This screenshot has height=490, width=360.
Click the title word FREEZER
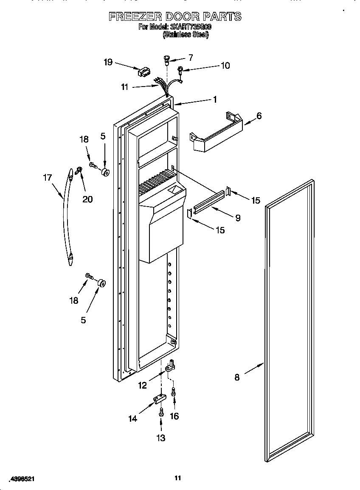point(135,17)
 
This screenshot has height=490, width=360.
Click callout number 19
point(108,62)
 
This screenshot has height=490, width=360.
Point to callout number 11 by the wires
point(124,87)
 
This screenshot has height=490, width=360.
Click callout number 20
point(87,199)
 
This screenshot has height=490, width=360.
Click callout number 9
point(238,218)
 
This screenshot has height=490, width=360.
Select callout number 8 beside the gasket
point(237,377)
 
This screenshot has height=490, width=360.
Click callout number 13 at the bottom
point(161,438)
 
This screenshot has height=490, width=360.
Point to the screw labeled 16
point(174,393)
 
